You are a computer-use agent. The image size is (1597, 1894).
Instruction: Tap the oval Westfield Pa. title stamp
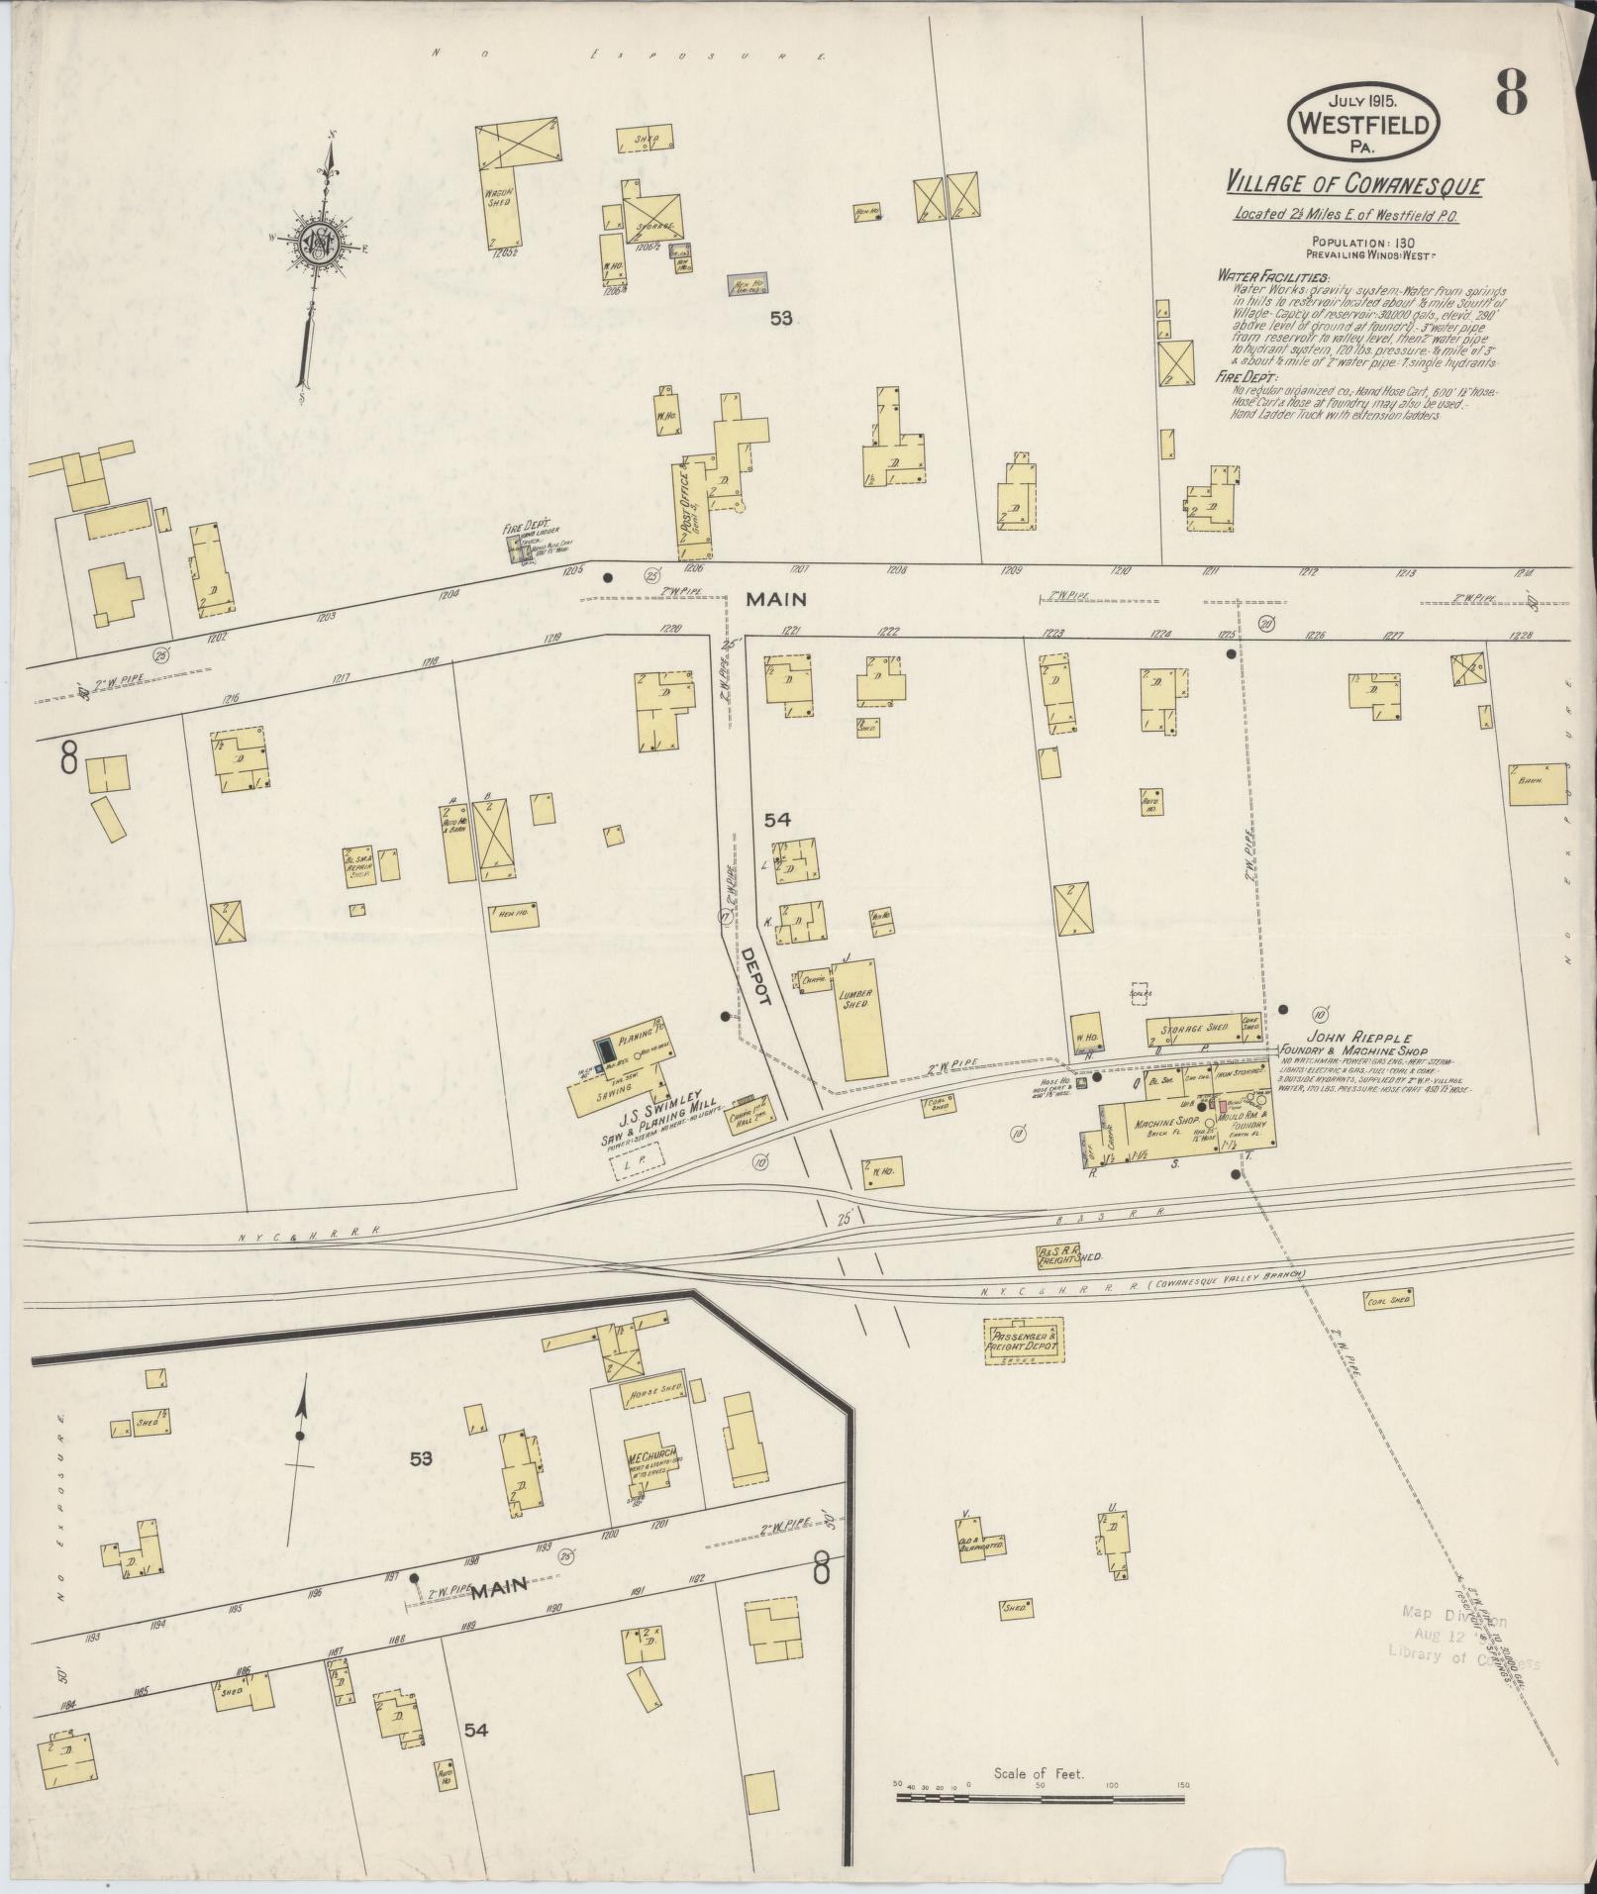[x=1363, y=121]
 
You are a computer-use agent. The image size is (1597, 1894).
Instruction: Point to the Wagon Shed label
[x=498, y=196]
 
